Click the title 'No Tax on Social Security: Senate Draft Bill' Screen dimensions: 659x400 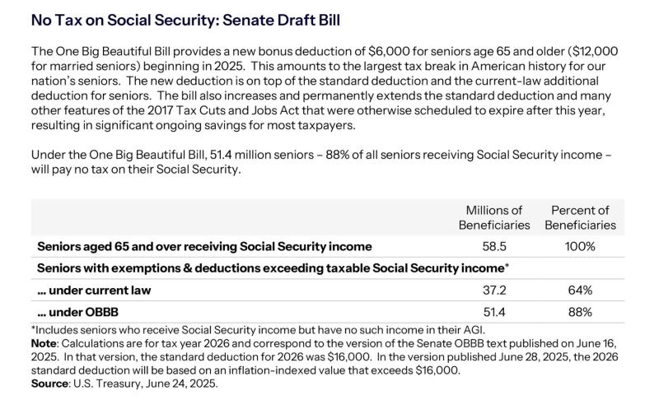(x=185, y=20)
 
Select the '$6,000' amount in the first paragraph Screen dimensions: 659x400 (x=389, y=51)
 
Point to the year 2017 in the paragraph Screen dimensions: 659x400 (x=160, y=110)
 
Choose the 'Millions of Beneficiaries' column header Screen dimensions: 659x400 (x=494, y=217)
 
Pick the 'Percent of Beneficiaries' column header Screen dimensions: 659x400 (x=580, y=217)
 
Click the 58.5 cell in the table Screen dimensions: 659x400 (x=494, y=246)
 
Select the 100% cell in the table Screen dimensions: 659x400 (x=580, y=246)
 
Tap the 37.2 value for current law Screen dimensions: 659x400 (x=494, y=290)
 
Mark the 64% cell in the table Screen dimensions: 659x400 (x=580, y=290)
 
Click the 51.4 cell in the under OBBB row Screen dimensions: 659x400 (x=494, y=312)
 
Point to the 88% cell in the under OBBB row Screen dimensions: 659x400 (x=580, y=312)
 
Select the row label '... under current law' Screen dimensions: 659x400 (x=94, y=290)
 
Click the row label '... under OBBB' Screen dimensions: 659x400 (x=77, y=312)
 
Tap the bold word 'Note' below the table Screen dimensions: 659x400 (x=44, y=343)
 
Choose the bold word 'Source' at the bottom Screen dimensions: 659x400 (x=49, y=384)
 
